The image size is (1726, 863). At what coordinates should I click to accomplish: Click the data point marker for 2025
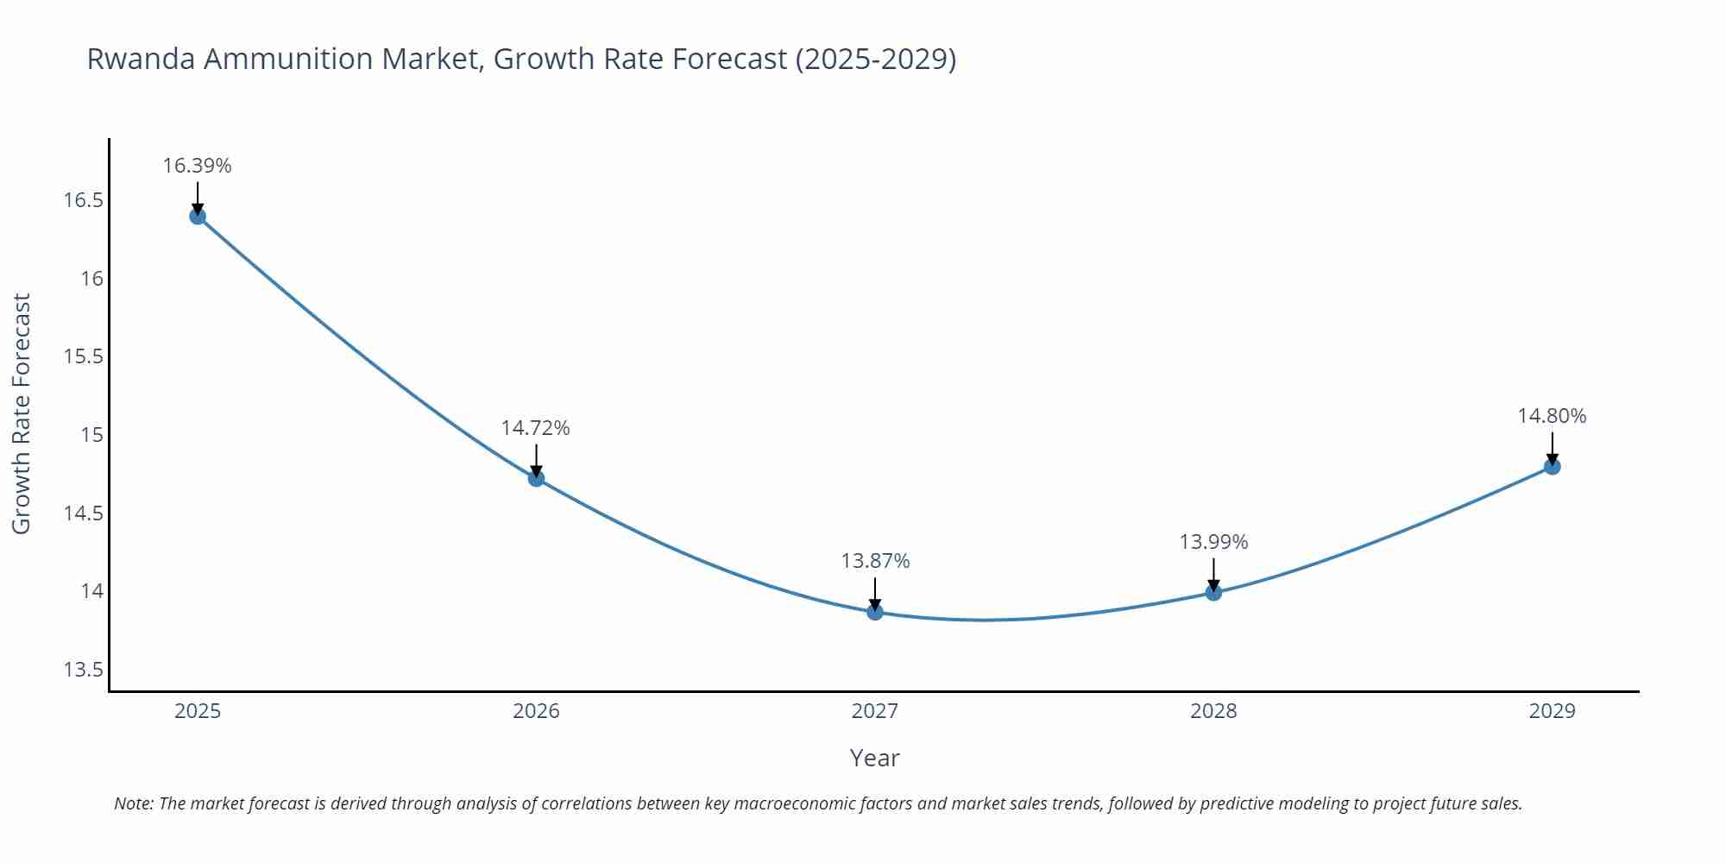point(198,216)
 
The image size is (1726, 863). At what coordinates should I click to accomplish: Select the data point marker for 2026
point(536,478)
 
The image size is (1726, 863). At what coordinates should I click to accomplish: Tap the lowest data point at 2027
point(875,612)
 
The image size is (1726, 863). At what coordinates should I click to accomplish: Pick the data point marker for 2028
point(1213,592)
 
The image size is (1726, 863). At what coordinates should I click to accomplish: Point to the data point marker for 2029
point(1552,466)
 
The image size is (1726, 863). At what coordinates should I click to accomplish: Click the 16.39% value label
point(198,166)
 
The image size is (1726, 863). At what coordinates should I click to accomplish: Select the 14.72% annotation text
point(536,428)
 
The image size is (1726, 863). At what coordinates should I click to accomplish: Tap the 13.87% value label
point(875,561)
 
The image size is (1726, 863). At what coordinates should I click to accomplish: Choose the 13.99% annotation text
point(1213,542)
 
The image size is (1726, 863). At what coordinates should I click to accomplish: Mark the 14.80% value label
point(1552,416)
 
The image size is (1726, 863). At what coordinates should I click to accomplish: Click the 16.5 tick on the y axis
point(83,201)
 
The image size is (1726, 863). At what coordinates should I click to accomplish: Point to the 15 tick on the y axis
point(91,435)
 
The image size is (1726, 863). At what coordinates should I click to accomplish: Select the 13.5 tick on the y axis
point(83,670)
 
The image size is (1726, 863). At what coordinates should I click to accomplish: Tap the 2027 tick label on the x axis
point(875,711)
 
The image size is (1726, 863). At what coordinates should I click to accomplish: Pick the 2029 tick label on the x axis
point(1552,711)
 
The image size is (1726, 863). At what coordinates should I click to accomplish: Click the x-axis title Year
point(874,758)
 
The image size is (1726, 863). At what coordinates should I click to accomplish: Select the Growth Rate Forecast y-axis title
point(22,413)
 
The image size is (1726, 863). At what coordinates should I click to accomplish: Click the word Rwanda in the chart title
point(141,59)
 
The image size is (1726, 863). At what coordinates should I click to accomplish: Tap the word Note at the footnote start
point(133,803)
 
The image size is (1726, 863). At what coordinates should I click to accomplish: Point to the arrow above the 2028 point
point(1213,573)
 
